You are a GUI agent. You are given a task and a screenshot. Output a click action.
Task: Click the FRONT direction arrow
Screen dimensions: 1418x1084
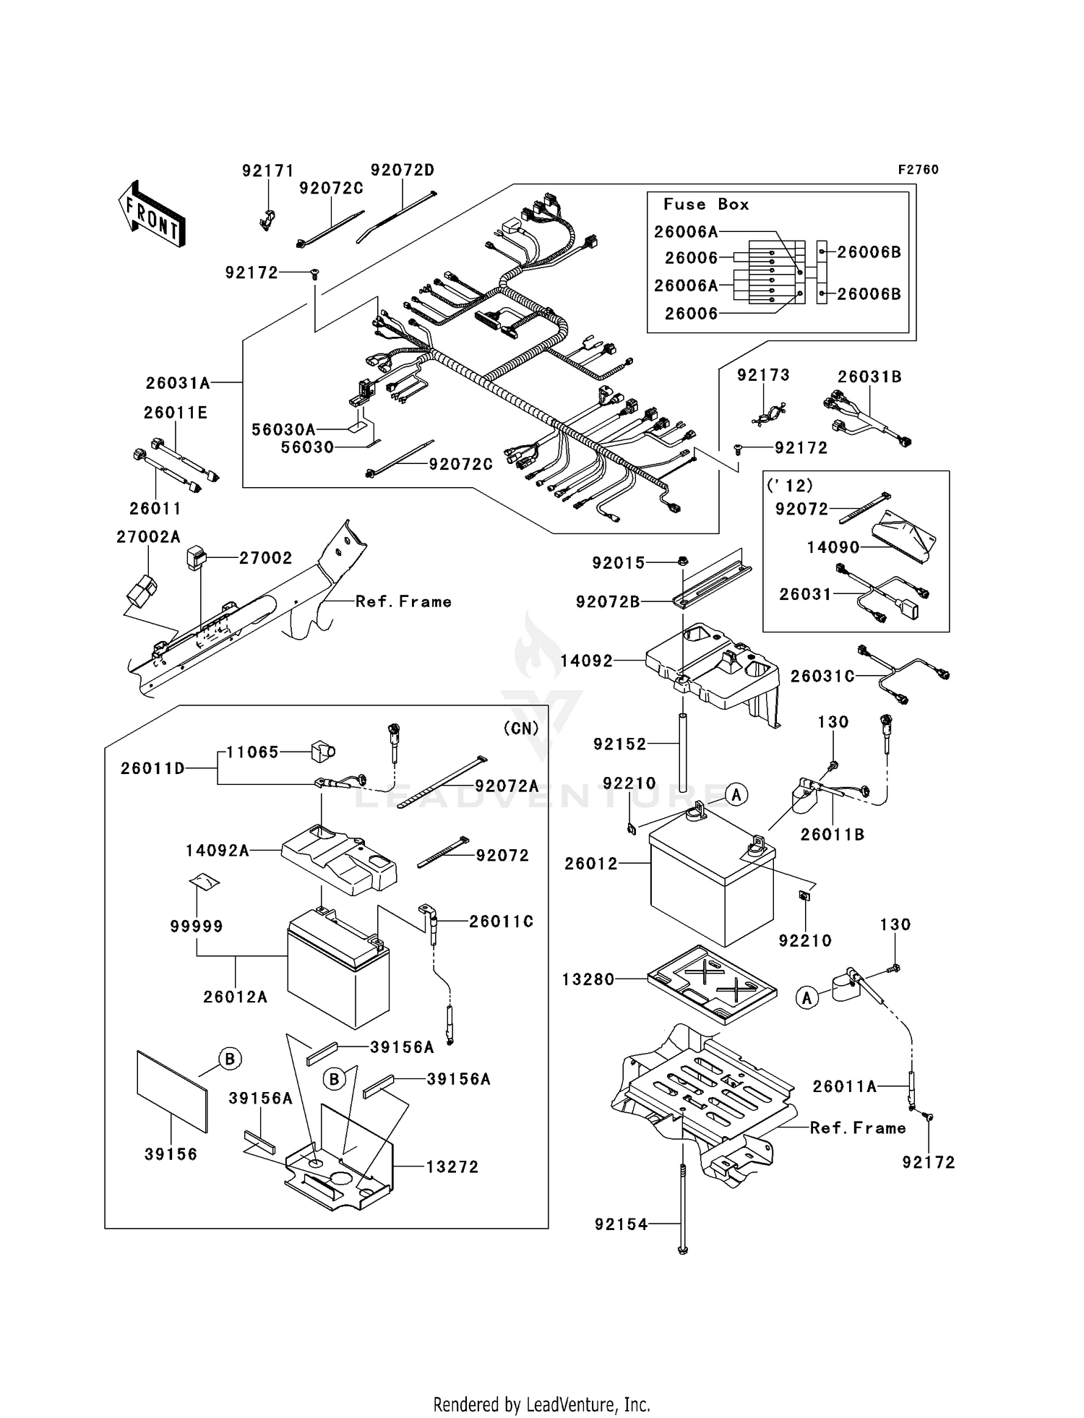tap(152, 215)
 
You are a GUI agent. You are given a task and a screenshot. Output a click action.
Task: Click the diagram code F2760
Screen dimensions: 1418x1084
tap(918, 170)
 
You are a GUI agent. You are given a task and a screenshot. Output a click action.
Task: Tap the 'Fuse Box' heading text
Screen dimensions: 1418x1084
tap(706, 205)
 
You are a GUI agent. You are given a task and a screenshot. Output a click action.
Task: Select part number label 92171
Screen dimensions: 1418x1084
tap(267, 171)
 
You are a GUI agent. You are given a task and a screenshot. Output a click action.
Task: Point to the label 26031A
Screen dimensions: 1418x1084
tap(178, 383)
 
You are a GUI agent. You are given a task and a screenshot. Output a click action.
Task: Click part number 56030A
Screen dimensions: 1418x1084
tap(283, 430)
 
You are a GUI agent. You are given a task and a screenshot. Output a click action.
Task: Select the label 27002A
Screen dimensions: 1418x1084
tap(148, 537)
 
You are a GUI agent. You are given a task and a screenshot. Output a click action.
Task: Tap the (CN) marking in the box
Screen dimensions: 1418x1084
tap(521, 729)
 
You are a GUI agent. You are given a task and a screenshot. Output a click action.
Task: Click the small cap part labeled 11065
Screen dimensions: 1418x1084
tap(322, 752)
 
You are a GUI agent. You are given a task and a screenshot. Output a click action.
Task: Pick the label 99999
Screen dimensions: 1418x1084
tap(197, 926)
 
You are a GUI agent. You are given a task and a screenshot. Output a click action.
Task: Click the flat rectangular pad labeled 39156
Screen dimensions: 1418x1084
tap(172, 1091)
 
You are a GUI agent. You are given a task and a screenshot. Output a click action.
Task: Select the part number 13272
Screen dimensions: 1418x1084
tap(452, 1167)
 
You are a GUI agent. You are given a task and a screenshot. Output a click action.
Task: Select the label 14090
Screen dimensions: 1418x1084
tap(833, 548)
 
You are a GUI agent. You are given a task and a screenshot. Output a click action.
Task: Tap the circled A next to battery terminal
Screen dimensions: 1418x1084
tap(736, 795)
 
